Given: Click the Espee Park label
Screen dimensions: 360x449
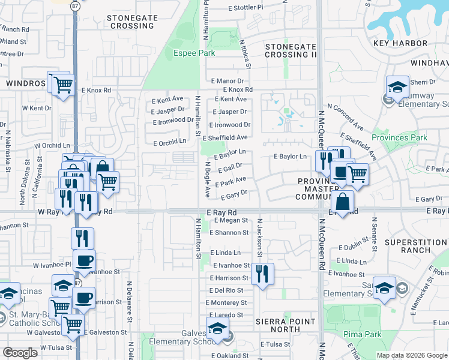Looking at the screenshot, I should pos(194,53).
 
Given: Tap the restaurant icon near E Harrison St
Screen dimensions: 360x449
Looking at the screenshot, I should pos(262,274).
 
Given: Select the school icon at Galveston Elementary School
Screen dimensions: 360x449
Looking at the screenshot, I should pos(217,329).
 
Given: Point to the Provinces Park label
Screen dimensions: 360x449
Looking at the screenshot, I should pos(399,137).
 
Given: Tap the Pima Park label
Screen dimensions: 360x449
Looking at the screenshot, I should pos(360,333).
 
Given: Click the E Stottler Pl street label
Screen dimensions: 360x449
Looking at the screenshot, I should pos(246,8).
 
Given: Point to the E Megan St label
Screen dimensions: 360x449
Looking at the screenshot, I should pos(230,220).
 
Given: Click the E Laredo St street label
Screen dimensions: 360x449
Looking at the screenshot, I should pos(226,314).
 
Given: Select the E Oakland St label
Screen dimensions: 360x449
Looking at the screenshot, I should pos(229,355).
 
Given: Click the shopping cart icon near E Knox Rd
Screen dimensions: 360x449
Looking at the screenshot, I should pos(62,85).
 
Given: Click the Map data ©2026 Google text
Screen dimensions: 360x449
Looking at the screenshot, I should pos(411,355).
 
